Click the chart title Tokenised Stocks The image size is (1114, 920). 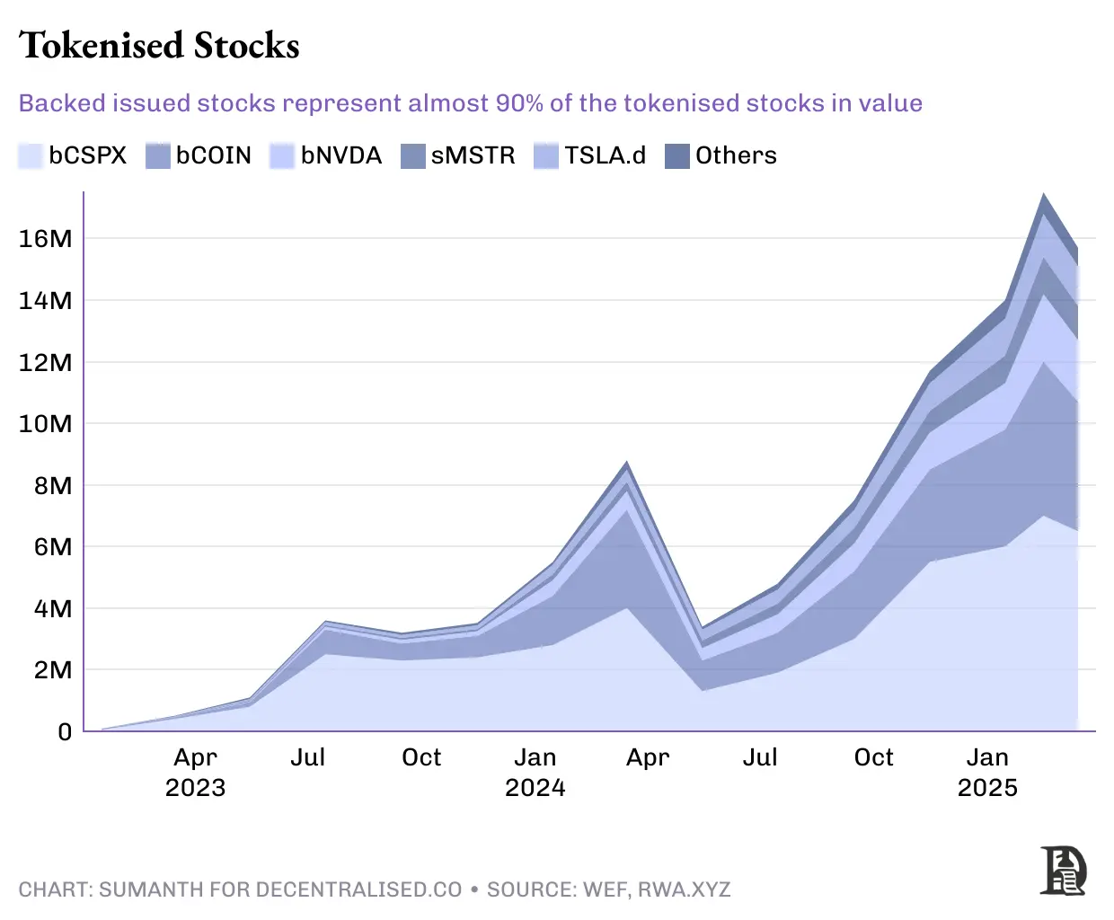pos(159,46)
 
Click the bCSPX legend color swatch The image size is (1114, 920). pos(31,156)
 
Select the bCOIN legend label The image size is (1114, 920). pos(213,156)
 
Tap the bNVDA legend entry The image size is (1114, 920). pos(340,156)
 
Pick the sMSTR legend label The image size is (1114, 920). pos(473,156)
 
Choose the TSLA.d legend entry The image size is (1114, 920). pos(605,156)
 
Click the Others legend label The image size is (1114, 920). pos(735,156)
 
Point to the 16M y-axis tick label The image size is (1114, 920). pos(45,239)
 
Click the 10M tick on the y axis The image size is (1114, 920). pos(45,423)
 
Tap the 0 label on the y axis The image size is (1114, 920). pos(65,732)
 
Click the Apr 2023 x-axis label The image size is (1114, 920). pos(195,773)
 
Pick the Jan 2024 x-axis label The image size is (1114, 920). pos(535,773)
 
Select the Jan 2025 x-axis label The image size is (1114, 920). pos(986,773)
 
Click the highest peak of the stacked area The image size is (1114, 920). pos(1043,195)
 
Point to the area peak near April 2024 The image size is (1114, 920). pos(627,464)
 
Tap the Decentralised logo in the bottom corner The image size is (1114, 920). pos(1063,870)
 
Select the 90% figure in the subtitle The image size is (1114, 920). pos(518,103)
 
